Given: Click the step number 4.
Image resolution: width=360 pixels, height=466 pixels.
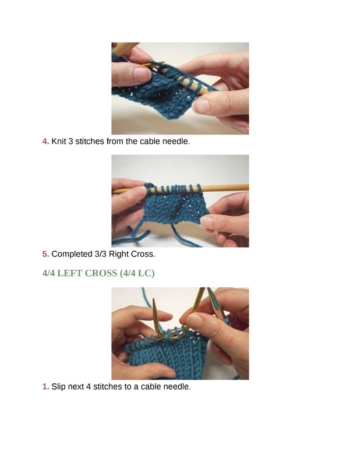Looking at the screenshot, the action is point(45,141).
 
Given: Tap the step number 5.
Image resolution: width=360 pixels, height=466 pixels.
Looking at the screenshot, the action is point(45,254).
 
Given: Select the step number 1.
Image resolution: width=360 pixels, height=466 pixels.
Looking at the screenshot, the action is point(45,387).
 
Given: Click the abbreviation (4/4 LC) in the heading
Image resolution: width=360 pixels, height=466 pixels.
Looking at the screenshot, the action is point(137,273).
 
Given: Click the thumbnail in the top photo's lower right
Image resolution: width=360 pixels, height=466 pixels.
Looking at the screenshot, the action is point(202,106).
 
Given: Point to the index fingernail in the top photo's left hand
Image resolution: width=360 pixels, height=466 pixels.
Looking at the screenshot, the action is point(141,73).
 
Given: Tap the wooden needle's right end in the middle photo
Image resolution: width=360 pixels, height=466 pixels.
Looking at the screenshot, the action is point(248,187).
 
